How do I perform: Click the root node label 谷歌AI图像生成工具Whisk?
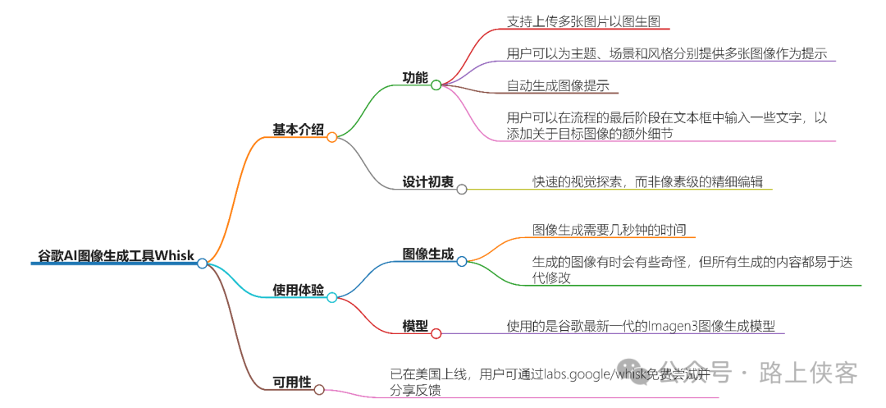(116, 255)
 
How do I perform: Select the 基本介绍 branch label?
(298, 130)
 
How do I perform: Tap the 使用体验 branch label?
(298, 290)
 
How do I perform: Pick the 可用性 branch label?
(292, 382)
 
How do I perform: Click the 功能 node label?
(415, 77)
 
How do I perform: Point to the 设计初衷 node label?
(428, 181)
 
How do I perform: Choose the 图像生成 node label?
(428, 254)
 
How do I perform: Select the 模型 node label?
(415, 326)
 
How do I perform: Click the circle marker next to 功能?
(436, 85)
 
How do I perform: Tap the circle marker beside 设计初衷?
(462, 189)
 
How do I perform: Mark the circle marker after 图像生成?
(462, 261)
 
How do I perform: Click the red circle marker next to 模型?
(436, 333)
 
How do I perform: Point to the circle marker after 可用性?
(319, 389)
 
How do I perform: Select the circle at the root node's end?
(202, 263)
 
